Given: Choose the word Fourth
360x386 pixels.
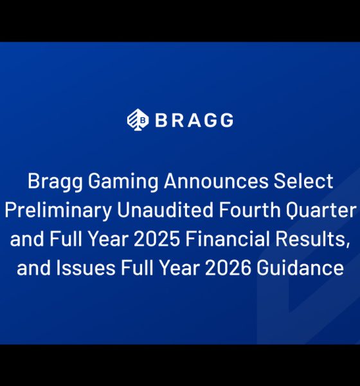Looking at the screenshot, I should click(x=242, y=210).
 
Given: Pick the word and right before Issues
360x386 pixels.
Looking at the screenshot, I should click(x=31, y=268).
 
